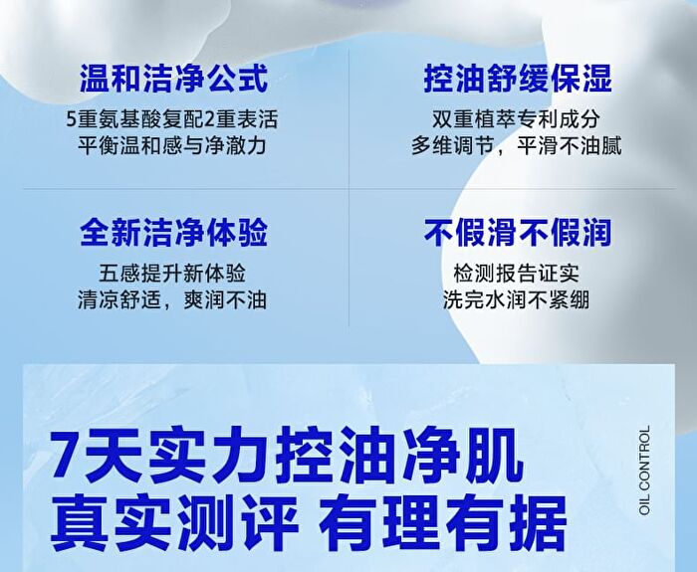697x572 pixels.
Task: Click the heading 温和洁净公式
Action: [174, 79]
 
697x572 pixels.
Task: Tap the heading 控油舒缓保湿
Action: [518, 79]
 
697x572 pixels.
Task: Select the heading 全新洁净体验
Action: [174, 232]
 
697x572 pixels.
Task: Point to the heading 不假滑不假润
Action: [518, 232]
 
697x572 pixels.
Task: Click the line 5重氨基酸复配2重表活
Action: [172, 119]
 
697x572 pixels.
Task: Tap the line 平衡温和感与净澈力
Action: [172, 145]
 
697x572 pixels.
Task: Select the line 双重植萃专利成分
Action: [516, 119]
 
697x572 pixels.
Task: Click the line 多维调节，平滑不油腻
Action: [516, 145]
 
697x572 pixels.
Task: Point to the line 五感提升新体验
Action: [172, 274]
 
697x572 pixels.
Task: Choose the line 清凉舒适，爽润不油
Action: [172, 299]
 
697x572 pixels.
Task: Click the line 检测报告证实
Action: [516, 274]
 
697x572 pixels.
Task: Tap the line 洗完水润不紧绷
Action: [516, 299]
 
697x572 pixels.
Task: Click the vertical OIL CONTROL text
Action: [644, 470]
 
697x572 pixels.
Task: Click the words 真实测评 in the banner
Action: [174, 522]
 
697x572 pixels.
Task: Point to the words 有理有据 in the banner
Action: [443, 522]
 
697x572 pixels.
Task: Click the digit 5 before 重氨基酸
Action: [72, 119]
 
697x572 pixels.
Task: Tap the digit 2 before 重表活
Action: [210, 119]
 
